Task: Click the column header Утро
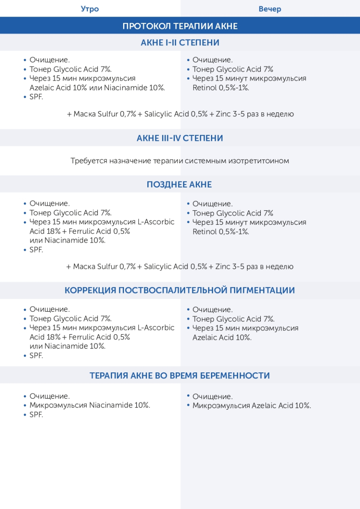(90, 9)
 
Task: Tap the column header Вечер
(270, 9)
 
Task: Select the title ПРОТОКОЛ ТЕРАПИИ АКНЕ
(180, 26)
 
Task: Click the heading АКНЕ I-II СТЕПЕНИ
(180, 43)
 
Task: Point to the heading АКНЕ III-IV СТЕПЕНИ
(180, 138)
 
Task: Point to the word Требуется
(88, 161)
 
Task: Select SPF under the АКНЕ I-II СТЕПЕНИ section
(36, 97)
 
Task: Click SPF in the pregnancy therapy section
(36, 415)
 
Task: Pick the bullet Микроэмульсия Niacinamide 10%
(90, 406)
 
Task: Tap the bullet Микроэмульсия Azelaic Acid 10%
(251, 406)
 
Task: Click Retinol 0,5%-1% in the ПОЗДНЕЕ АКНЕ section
(220, 232)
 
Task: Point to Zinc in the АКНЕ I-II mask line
(223, 114)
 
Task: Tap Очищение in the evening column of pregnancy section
(212, 397)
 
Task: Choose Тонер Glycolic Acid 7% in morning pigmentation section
(70, 319)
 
